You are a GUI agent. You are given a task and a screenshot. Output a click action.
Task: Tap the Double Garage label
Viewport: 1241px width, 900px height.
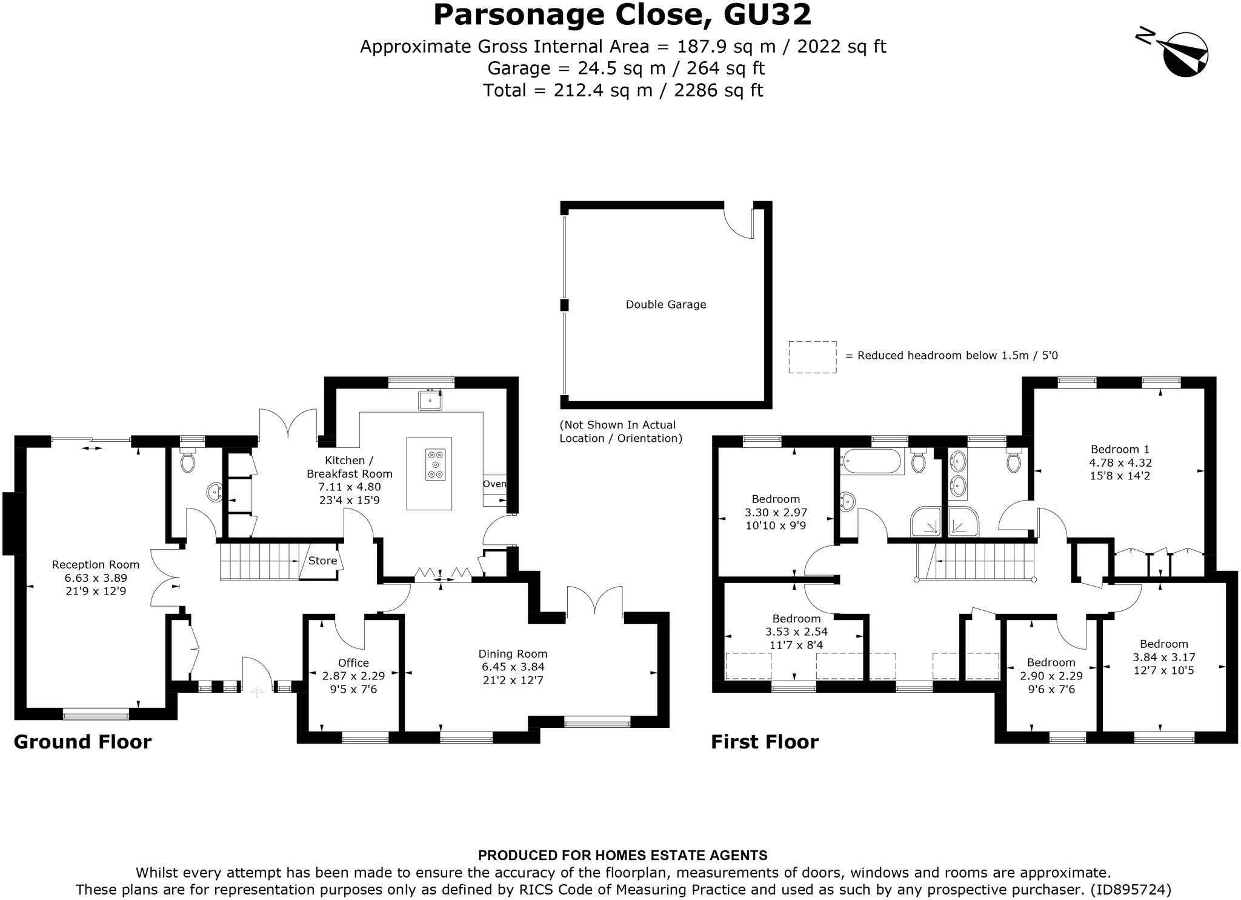pyautogui.click(x=665, y=305)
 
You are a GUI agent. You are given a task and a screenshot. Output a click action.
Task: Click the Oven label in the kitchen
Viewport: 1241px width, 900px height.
pyautogui.click(x=494, y=484)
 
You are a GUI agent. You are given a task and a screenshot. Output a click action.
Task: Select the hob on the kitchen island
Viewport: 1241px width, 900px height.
pyautogui.click(x=435, y=464)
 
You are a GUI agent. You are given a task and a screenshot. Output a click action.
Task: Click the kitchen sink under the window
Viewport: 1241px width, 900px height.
pyautogui.click(x=430, y=401)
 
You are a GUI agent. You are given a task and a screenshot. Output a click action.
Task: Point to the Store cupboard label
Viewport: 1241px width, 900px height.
pyautogui.click(x=322, y=561)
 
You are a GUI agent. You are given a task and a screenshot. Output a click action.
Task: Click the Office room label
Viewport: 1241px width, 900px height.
pyautogui.click(x=353, y=662)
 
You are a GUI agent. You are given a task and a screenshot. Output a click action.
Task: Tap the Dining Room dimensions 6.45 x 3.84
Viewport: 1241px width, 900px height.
pyautogui.click(x=513, y=667)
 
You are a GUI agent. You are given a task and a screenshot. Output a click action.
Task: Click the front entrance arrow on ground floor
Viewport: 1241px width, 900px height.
pyautogui.click(x=258, y=692)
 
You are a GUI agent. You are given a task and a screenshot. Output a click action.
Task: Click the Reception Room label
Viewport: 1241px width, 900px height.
pyautogui.click(x=96, y=564)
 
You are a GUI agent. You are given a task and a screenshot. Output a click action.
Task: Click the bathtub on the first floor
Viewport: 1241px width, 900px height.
pyautogui.click(x=871, y=462)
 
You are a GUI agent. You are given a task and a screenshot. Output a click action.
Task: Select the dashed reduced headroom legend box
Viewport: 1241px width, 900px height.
pyautogui.click(x=812, y=357)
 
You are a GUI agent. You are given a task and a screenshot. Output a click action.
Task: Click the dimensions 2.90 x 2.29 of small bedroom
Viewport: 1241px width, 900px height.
pyautogui.click(x=1051, y=676)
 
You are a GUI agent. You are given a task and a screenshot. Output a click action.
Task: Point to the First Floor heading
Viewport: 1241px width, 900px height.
pyautogui.click(x=764, y=742)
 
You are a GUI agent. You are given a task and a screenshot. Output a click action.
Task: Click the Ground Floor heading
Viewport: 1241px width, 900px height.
pyautogui.click(x=82, y=742)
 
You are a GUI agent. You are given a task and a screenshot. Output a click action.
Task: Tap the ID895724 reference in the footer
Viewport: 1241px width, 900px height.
pyautogui.click(x=1130, y=890)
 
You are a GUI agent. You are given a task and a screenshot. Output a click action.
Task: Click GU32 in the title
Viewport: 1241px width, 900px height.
pyautogui.click(x=767, y=15)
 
